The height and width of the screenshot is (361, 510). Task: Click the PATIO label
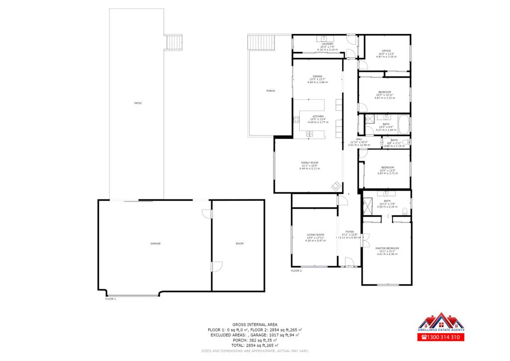tap(138, 103)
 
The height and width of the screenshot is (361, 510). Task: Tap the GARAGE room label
tap(155, 243)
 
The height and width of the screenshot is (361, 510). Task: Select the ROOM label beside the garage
tap(240, 243)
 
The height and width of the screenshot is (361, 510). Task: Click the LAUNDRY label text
tap(327, 44)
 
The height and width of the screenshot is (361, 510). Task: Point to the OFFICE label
tap(386, 51)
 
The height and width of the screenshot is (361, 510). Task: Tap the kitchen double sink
tap(309, 134)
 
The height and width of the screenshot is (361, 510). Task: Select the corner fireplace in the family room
tap(336, 186)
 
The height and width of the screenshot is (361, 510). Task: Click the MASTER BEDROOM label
tap(387, 248)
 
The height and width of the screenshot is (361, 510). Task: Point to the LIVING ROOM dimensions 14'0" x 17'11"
tap(316, 238)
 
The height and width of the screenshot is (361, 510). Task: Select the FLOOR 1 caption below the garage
tap(111, 299)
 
